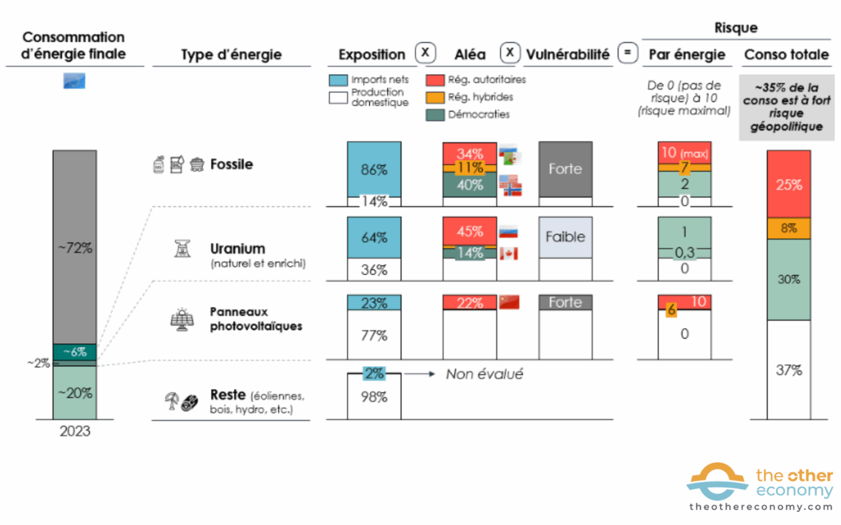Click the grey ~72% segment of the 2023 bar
(x=74, y=248)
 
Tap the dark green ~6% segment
(x=74, y=352)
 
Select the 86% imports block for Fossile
(x=374, y=169)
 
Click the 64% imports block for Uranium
(x=374, y=238)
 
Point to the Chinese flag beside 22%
(x=509, y=302)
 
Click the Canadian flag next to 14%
(x=508, y=253)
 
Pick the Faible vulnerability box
(x=565, y=236)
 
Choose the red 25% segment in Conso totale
(x=788, y=184)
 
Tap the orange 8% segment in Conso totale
(x=788, y=228)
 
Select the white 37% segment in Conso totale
(x=788, y=370)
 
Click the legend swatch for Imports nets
(x=338, y=80)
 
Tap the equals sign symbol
(x=628, y=53)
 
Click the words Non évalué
(x=484, y=374)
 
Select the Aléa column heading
(x=470, y=54)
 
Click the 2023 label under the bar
(x=74, y=432)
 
